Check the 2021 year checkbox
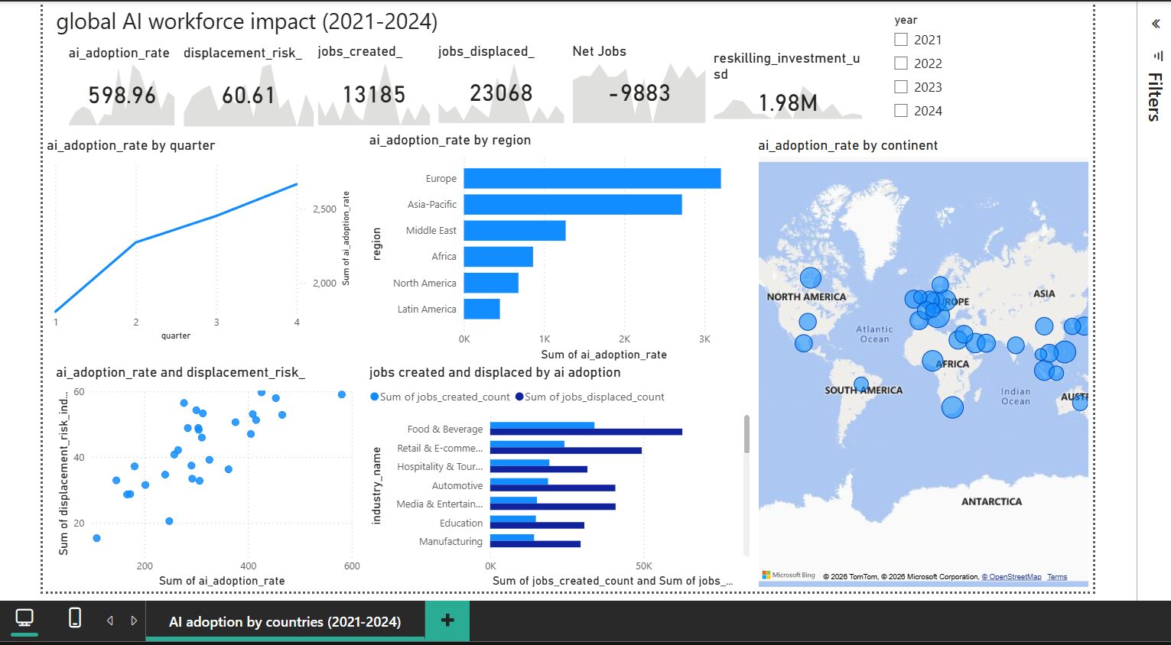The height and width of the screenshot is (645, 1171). click(901, 40)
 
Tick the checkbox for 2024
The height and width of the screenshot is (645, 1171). click(901, 111)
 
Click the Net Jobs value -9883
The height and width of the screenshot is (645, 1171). click(639, 93)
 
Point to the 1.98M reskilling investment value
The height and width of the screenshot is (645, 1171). click(788, 103)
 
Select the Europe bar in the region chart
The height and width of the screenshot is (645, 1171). click(592, 178)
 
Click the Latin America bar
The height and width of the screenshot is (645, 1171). click(481, 309)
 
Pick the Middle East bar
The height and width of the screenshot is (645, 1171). click(515, 230)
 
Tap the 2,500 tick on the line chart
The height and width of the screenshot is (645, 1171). click(324, 209)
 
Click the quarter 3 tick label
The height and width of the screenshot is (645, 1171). click(216, 322)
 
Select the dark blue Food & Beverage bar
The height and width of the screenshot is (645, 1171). click(586, 432)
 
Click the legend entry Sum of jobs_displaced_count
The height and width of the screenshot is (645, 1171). click(590, 397)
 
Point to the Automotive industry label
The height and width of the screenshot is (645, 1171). click(457, 486)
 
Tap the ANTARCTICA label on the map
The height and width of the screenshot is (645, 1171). click(991, 501)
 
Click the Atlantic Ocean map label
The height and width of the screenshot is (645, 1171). click(874, 334)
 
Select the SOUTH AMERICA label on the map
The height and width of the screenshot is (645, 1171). click(864, 391)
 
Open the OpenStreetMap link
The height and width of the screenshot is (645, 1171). click(1011, 576)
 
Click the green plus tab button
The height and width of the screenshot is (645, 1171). click(447, 621)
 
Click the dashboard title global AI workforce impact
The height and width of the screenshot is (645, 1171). click(247, 21)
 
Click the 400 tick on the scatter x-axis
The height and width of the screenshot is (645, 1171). click(249, 566)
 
